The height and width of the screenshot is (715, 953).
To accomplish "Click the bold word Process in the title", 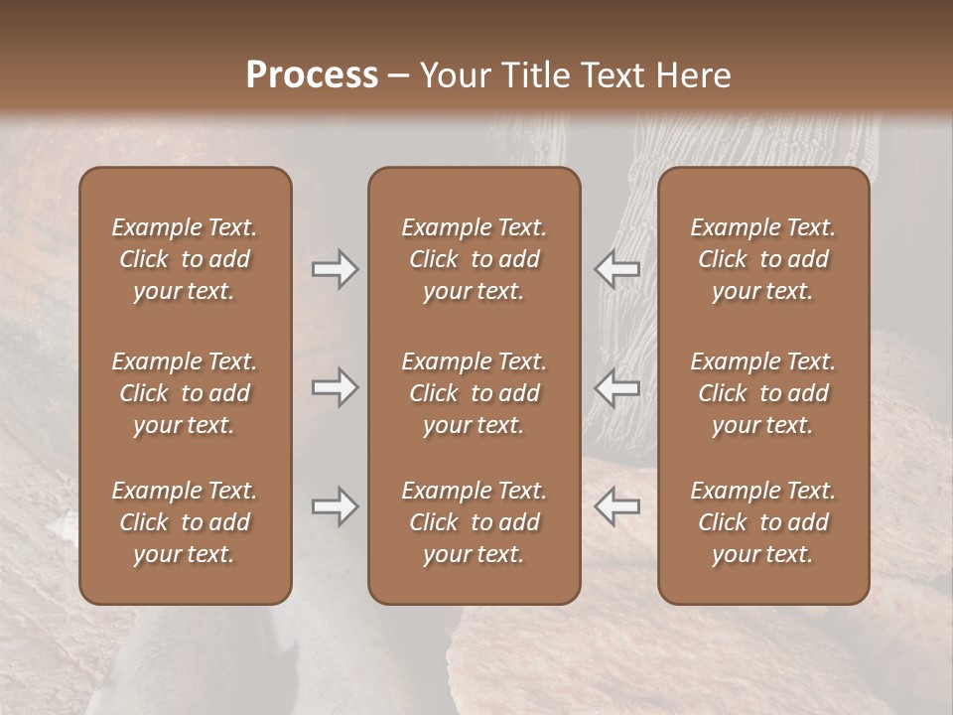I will tap(312, 75).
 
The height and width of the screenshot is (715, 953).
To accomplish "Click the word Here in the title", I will tap(695, 75).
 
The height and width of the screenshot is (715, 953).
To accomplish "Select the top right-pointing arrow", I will tap(336, 269).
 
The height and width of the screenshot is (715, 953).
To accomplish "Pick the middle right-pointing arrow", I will tap(336, 387).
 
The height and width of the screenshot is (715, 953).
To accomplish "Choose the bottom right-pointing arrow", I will tap(336, 506).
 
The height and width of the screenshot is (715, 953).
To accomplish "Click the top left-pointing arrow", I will tap(616, 269).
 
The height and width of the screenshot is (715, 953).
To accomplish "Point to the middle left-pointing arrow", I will tap(616, 387).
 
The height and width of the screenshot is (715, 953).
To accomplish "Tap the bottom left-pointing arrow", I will tap(616, 506).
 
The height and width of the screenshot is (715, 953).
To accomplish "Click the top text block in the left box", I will tap(185, 259).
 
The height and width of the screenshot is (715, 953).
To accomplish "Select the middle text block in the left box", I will tap(185, 393).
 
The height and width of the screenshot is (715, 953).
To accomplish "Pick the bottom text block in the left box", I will tap(185, 522).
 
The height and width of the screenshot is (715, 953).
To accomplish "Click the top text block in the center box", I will tap(475, 259).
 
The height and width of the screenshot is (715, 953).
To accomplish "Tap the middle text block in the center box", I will tap(475, 393).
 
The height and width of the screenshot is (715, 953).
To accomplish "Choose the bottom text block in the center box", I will tap(475, 522).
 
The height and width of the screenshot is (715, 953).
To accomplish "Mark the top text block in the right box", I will tap(763, 259).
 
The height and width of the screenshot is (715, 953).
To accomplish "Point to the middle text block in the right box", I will tap(763, 393).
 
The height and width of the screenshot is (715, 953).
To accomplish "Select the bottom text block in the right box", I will tap(763, 522).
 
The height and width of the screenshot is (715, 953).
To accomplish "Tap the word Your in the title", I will tap(453, 75).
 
